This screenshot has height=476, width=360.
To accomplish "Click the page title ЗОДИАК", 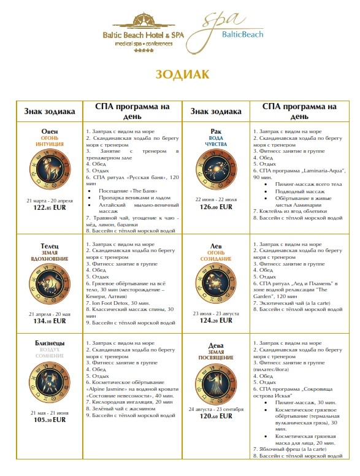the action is [x=182, y=74].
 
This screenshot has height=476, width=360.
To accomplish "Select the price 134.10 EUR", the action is [x=50, y=320].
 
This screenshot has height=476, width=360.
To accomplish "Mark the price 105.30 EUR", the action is [x=50, y=420].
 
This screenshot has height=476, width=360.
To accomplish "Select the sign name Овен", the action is [x=50, y=132].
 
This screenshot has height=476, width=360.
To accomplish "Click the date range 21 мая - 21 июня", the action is [x=50, y=413].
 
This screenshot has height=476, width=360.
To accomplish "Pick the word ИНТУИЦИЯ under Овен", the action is [x=50, y=145].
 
